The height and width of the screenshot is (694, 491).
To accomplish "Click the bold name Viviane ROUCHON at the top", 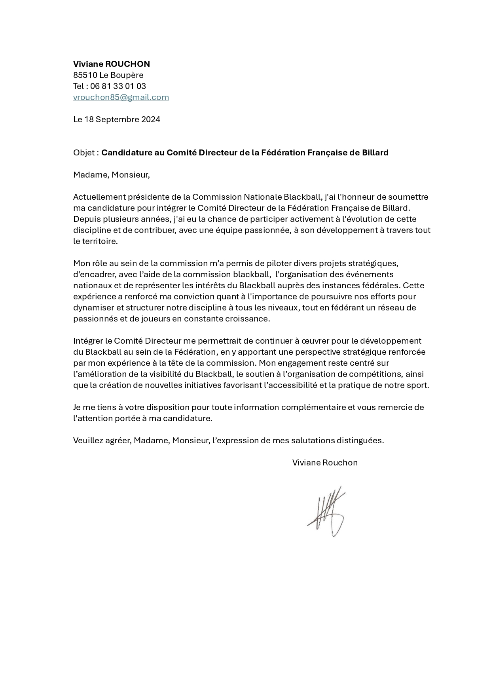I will tap(111, 64).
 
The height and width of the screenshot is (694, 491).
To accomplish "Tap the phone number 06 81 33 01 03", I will tap(118, 86).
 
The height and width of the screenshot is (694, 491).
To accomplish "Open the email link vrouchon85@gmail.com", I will tap(121, 97).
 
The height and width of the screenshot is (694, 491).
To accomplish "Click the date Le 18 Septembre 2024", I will tap(116, 119).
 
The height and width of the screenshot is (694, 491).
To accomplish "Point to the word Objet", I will tap(84, 153).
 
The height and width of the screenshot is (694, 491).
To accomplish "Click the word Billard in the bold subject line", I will tap(375, 153).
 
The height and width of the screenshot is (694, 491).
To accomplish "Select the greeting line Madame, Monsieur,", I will tap(111, 175).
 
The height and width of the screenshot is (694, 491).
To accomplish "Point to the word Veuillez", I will tap(88, 441).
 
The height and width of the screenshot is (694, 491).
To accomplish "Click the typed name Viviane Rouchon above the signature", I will tap(324, 463).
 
